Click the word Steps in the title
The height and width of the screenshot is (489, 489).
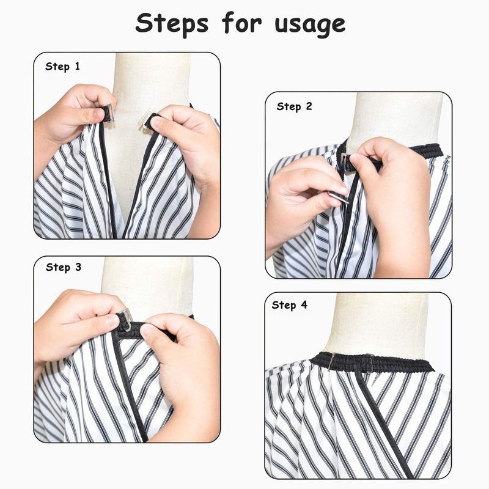172,24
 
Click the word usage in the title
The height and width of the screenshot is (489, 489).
311,26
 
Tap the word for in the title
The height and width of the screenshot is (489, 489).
241,23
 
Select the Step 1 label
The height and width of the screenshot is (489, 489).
62,67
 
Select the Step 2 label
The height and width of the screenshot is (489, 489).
294,106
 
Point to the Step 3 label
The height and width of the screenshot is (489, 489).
64,268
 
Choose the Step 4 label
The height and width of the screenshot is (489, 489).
289,305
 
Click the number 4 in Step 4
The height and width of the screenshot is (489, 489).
304,304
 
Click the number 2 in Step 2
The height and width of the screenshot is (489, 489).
309,106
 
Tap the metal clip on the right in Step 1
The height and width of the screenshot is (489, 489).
145,118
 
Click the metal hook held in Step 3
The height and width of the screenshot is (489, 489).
125,318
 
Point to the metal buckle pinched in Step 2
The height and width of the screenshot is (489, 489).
338,196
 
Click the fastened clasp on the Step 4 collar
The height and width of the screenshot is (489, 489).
369,364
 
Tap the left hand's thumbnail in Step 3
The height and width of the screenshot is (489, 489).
112,322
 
